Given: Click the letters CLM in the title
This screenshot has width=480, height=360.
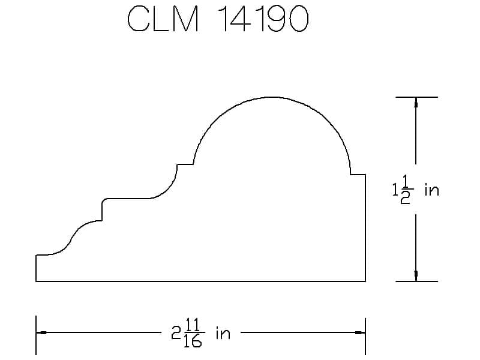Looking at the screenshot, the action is [163, 19].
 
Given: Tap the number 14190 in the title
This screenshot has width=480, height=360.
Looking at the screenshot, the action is [263, 19].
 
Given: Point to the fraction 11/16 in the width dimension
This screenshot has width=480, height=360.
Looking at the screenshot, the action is [192, 333].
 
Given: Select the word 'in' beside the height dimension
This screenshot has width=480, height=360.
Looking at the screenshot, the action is [432, 190].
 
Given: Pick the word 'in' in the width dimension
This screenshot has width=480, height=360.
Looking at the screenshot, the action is [223, 334].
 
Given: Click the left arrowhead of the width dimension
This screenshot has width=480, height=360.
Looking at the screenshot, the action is [41, 332].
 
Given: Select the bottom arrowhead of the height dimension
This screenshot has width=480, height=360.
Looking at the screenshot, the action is [416, 276].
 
